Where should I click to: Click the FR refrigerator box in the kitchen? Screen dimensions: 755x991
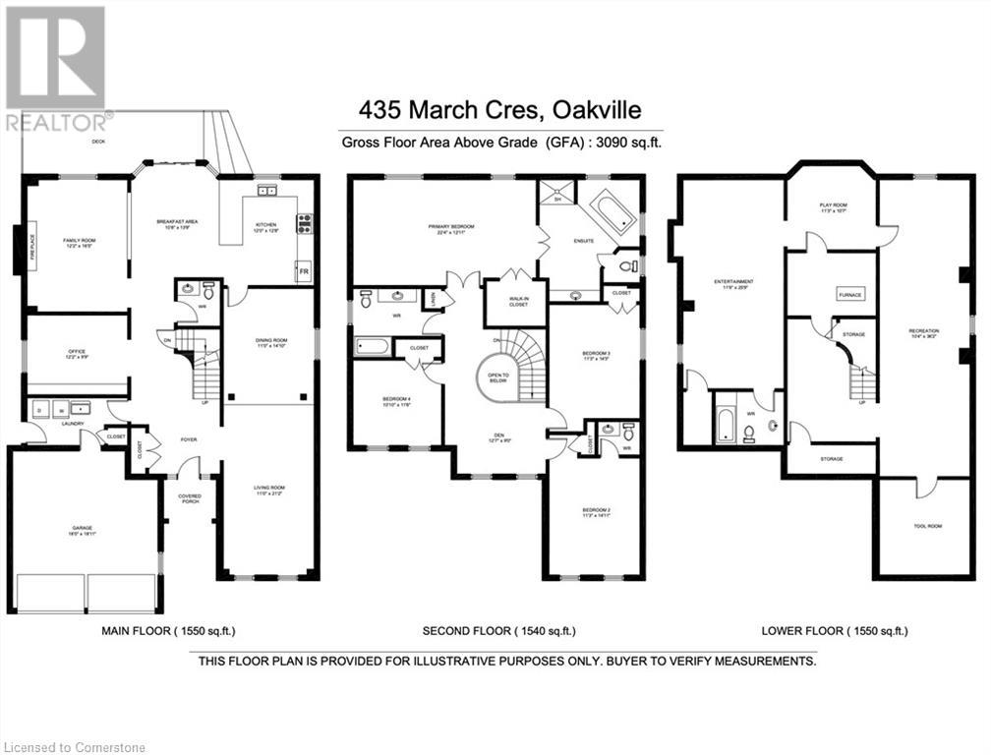pos(304,269)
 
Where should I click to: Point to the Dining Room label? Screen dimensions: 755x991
pos(267,343)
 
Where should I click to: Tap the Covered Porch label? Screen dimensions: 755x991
pos(189,498)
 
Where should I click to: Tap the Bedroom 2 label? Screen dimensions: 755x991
pos(596,510)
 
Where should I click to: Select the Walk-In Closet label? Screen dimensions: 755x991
pos(515,303)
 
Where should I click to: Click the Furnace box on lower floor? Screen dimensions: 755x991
pos(849,294)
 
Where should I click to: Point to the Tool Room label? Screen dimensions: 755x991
pos(927,526)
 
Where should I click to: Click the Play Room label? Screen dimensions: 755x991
pos(833,207)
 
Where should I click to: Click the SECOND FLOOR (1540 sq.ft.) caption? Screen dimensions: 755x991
pos(498,630)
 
